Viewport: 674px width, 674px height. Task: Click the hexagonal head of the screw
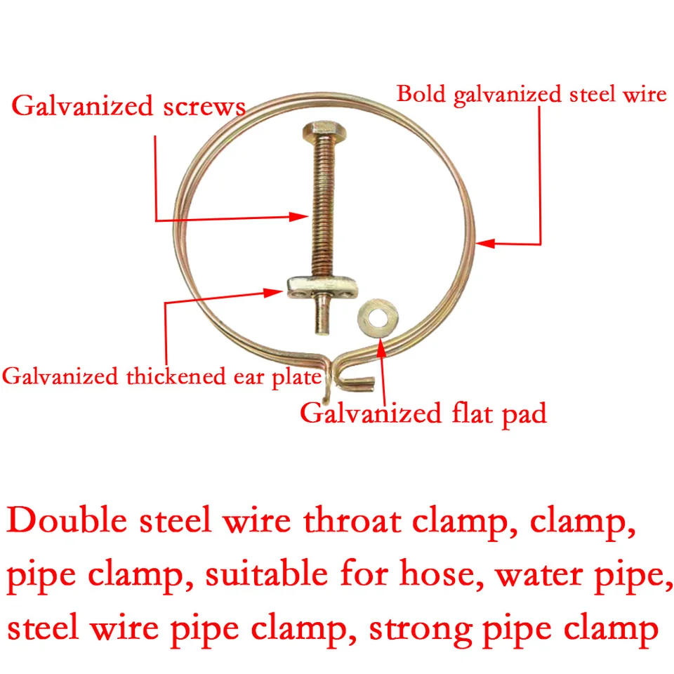tap(324, 129)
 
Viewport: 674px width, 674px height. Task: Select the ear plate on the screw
tap(322, 287)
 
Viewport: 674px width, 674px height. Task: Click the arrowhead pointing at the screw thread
tap(299, 216)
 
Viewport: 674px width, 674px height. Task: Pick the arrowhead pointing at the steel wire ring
tap(485, 244)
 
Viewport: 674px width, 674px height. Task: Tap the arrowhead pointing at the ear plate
tap(273, 293)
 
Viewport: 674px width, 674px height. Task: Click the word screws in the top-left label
tap(204, 106)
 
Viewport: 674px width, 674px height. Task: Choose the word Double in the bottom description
tap(67, 520)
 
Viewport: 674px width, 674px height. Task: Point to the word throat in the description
tap(352, 520)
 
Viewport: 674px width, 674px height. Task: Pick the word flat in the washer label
tap(472, 413)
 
